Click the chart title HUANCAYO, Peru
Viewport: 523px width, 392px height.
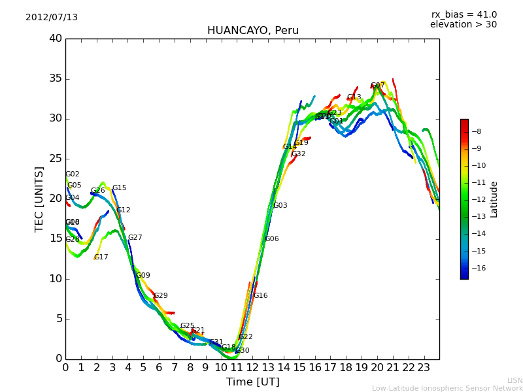[x=252, y=31]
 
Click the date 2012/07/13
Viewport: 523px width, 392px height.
[x=52, y=17]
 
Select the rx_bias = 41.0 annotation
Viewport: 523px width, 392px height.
[x=464, y=14]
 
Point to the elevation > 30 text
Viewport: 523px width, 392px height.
[x=463, y=25]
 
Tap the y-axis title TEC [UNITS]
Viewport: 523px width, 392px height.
[x=39, y=199]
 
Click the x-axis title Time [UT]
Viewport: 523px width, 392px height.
[x=252, y=382]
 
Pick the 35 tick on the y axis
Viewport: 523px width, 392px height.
[x=56, y=79]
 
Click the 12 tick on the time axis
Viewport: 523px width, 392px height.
[x=252, y=368]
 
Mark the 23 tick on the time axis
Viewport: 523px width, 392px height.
[x=424, y=368]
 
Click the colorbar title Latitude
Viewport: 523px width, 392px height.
[x=494, y=199]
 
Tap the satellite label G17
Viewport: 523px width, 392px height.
[x=101, y=257]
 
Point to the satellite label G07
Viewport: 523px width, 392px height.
[x=378, y=86]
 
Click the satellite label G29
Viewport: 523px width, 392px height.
[x=161, y=296]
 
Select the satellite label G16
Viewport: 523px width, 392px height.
[x=261, y=296]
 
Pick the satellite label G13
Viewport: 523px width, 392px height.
[x=354, y=97]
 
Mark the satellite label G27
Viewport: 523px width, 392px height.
[x=135, y=238]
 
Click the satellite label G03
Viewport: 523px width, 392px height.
[x=280, y=206]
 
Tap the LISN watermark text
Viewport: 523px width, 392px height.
[x=515, y=380]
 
